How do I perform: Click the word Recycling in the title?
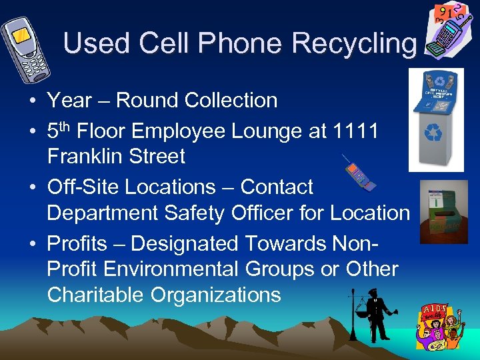pyautogui.click(x=354, y=43)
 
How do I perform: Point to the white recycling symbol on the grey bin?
pyautogui.click(x=433, y=133)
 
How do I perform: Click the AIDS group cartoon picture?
pyautogui.click(x=439, y=326)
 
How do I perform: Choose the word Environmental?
pyautogui.click(x=190, y=269)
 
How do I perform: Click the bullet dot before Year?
pyautogui.click(x=33, y=101)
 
